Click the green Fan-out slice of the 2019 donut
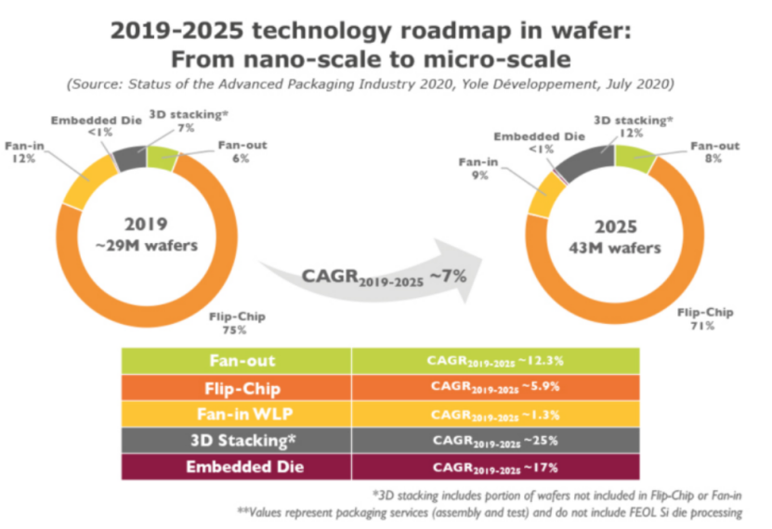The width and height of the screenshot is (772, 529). pos(161,157)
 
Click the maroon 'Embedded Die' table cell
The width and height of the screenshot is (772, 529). pos(235,464)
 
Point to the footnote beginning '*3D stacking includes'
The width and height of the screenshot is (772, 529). pos(557,494)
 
